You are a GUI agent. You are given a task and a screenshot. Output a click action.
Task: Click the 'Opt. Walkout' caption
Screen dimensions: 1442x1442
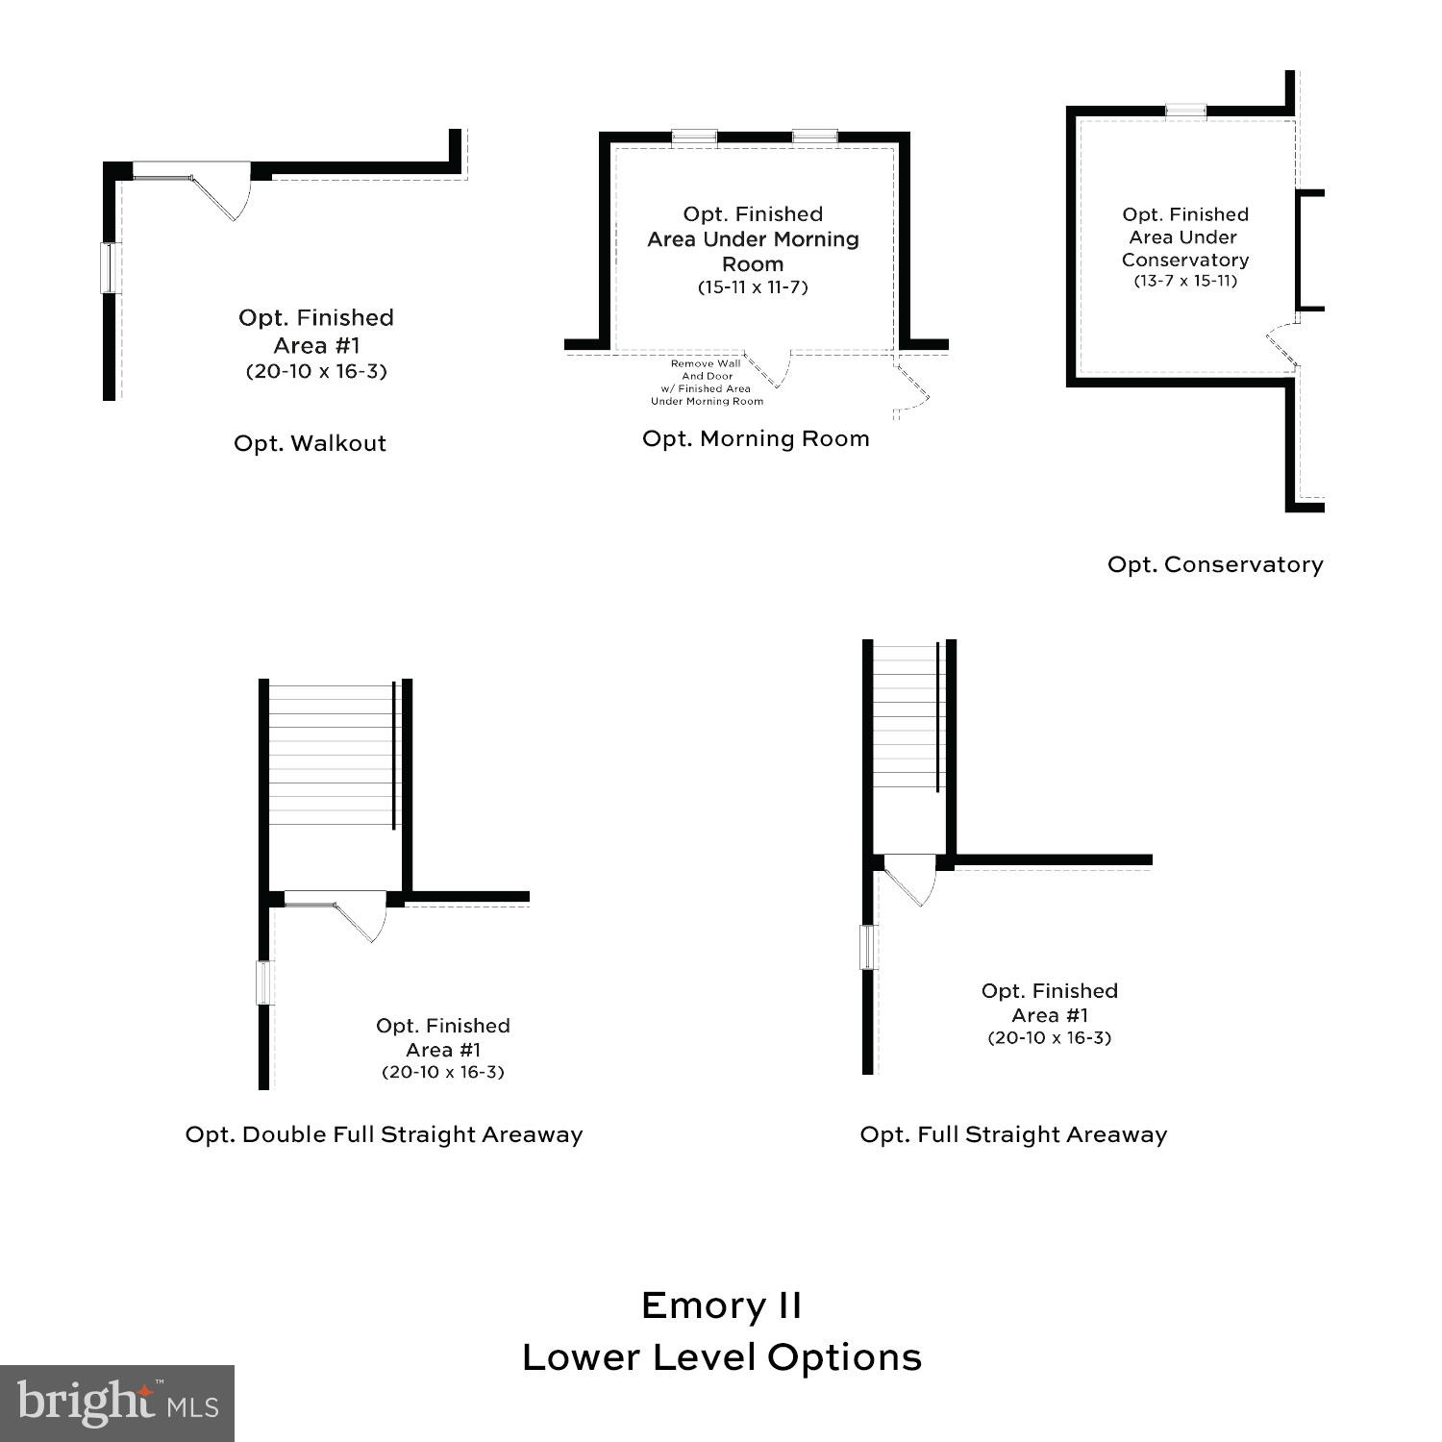[x=310, y=443]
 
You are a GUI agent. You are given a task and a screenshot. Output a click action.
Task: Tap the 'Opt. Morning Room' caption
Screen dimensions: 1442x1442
[x=756, y=438]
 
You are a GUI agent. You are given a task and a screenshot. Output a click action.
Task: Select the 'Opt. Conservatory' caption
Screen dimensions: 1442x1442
[x=1215, y=564]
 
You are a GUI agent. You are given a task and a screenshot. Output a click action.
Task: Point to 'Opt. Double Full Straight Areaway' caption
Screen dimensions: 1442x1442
[x=384, y=1134]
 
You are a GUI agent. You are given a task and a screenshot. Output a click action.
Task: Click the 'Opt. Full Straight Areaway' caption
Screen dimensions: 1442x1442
[x=1013, y=1134]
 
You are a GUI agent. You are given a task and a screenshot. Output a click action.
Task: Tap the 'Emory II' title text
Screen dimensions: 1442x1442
[x=721, y=1305]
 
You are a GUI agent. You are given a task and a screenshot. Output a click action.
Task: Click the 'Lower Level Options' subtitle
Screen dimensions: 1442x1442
[x=721, y=1357]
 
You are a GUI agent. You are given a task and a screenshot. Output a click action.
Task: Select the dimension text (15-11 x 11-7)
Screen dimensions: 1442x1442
[x=753, y=287]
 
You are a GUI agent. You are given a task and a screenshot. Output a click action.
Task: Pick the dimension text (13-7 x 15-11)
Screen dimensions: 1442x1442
[x=1184, y=281]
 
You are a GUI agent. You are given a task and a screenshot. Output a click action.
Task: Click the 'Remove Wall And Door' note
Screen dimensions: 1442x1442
[x=707, y=383]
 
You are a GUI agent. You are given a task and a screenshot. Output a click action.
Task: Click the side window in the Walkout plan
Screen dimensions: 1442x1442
[x=109, y=267]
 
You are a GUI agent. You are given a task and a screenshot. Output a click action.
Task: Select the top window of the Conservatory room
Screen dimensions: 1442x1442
[x=1185, y=110]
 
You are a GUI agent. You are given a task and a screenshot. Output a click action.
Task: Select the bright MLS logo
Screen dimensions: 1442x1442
[x=116, y=1403]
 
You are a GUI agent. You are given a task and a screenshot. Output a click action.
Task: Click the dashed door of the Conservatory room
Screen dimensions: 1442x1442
[x=1280, y=346]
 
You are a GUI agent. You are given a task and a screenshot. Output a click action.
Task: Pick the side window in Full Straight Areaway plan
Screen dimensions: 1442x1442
[x=868, y=947]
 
